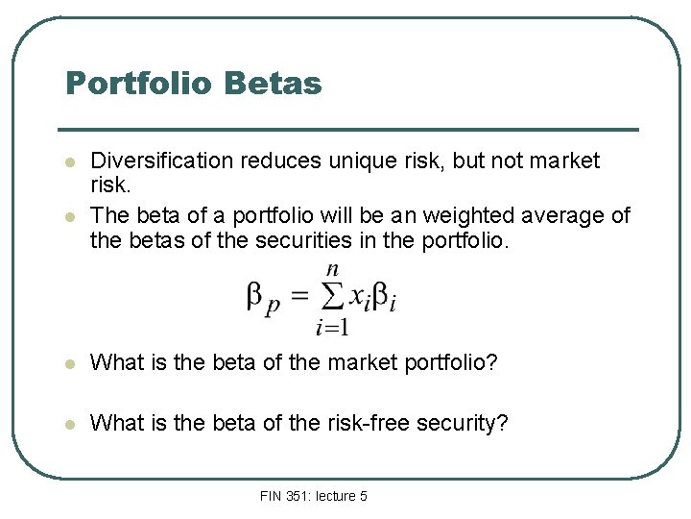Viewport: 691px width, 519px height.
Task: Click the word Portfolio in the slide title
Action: tap(140, 84)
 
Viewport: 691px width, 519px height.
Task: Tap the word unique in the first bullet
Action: tap(343, 161)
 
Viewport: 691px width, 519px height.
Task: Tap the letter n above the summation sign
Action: tap(332, 269)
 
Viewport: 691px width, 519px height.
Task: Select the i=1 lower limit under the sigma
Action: tap(332, 328)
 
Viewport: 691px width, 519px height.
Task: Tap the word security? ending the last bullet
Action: tap(465, 423)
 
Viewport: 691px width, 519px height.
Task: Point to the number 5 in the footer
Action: tap(363, 496)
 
